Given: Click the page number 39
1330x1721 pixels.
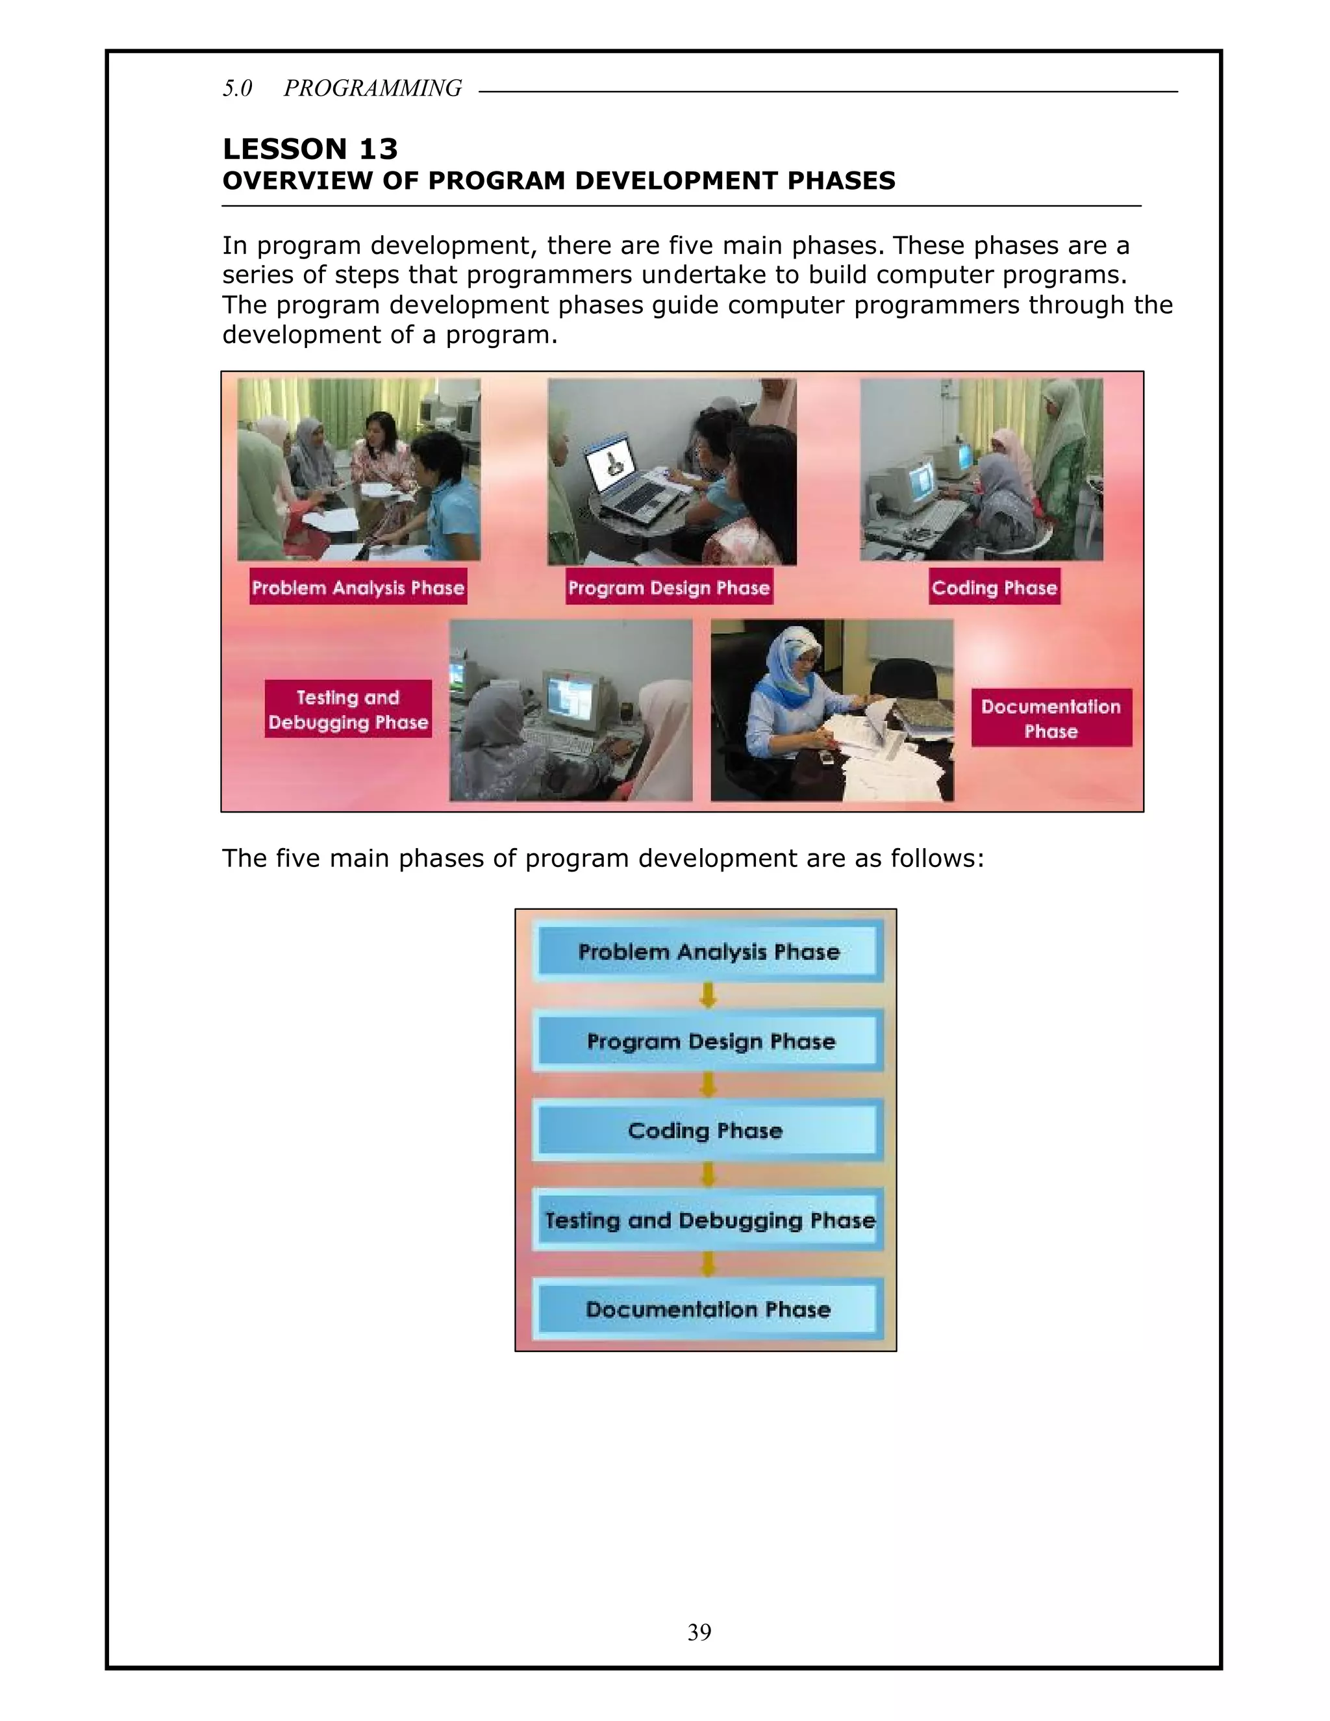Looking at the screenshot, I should pos(699,1632).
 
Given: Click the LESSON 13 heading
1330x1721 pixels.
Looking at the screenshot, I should pos(310,149).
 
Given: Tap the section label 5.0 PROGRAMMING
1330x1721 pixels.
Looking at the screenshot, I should pos(342,88).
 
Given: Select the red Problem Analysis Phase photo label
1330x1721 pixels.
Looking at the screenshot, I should pos(358,587).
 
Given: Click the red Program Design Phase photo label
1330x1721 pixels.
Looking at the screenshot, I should pos(669,587).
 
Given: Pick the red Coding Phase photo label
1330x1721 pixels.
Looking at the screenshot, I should pos(994,587).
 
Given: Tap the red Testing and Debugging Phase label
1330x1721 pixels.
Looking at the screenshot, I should pos(348,709).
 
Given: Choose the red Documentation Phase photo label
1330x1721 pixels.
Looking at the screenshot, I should pos(1051,718).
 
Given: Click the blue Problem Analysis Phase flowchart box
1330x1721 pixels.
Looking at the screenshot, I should pos(708,952).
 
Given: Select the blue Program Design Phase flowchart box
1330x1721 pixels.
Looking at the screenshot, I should pos(708,1041).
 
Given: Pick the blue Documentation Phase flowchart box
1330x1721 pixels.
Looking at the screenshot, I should pos(708,1310).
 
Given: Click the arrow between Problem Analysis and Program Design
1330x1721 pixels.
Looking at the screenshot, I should pos(708,996).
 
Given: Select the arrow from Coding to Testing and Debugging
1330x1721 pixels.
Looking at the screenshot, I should pos(708,1175).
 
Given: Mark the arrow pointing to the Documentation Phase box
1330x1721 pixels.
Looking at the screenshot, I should pos(708,1264).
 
